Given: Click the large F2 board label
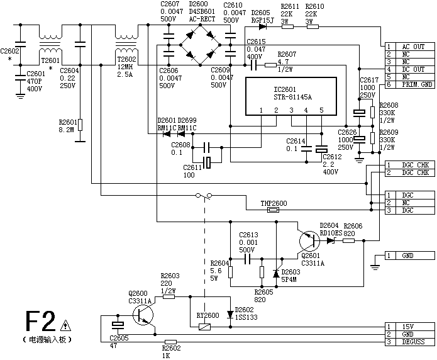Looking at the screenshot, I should tap(40, 323).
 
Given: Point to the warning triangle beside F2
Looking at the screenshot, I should tap(66, 325).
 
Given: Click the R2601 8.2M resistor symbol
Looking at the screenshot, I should tap(80, 125).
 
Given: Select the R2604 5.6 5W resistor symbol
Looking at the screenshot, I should tap(230, 273).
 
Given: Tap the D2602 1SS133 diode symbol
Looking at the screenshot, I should tap(230, 313).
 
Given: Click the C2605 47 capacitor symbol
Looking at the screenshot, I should tap(118, 325).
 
